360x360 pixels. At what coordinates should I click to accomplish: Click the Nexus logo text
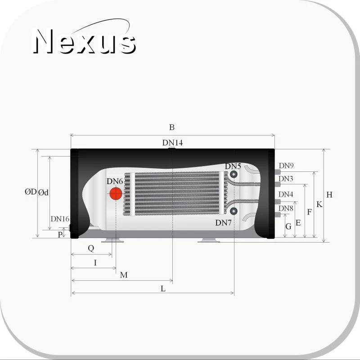pyautogui.click(x=84, y=41)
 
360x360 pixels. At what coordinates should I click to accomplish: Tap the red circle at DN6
pyautogui.click(x=116, y=193)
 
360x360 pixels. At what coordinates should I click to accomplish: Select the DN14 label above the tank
pyautogui.click(x=172, y=143)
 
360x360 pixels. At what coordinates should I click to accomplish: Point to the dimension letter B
pyautogui.click(x=172, y=127)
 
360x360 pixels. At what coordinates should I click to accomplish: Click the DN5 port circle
pyautogui.click(x=234, y=174)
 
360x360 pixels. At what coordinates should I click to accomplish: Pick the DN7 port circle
pyautogui.click(x=234, y=211)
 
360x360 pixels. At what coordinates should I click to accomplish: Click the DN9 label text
pyautogui.click(x=286, y=166)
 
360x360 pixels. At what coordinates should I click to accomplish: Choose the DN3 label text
pyautogui.click(x=286, y=179)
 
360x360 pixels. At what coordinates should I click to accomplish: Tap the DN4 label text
pyautogui.click(x=286, y=194)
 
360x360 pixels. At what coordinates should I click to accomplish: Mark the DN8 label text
pyautogui.click(x=286, y=208)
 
